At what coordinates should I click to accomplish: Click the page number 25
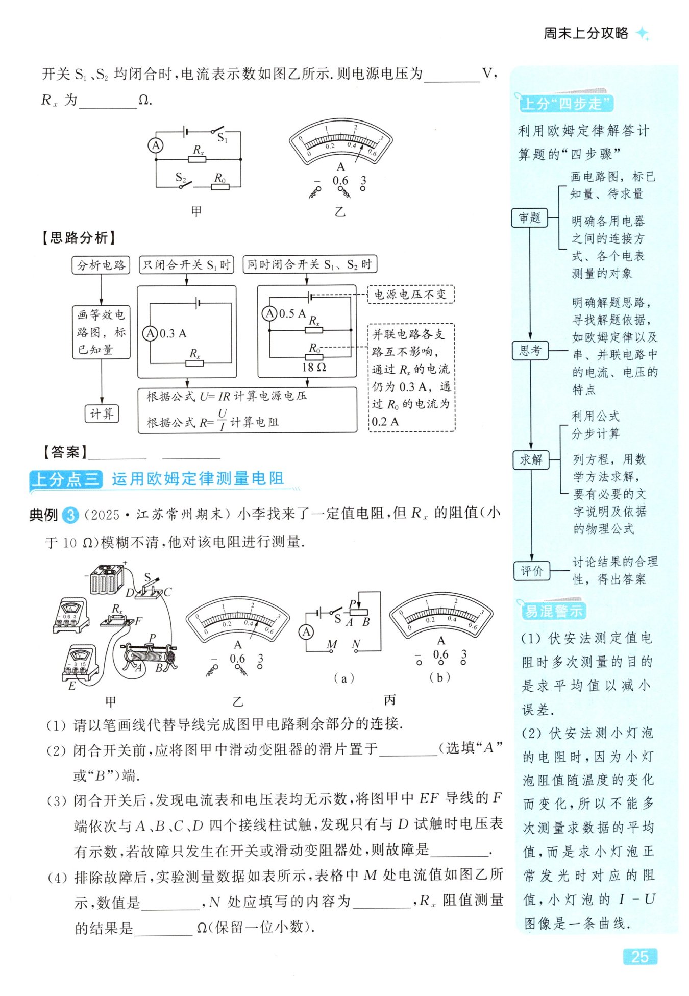[639, 956]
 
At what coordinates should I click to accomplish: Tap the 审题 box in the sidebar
[529, 218]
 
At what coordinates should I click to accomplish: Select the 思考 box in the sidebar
[530, 351]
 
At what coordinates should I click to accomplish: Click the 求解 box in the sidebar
[531, 459]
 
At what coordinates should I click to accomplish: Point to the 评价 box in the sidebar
[531, 571]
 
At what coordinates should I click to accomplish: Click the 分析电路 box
[101, 265]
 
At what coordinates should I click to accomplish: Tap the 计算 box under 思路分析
[102, 414]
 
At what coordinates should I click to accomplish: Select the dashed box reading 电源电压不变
[410, 295]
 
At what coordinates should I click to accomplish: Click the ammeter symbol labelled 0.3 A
[150, 334]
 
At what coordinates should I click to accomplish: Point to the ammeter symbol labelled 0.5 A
[269, 313]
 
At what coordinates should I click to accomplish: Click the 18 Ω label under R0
[314, 367]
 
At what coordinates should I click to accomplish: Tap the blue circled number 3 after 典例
[70, 515]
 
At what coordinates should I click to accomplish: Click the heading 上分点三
[65, 479]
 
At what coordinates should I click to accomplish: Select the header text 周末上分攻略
[585, 33]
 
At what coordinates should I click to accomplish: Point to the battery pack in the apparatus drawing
[107, 579]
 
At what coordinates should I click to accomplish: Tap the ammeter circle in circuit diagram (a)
[306, 632]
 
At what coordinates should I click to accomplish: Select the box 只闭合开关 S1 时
[186, 265]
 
